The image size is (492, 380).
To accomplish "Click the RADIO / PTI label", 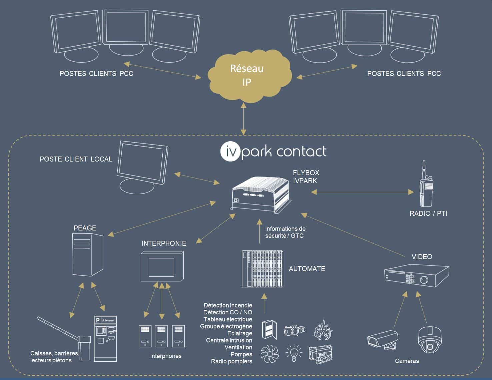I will pos(428,213).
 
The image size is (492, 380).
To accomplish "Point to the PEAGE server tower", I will pos(88,254).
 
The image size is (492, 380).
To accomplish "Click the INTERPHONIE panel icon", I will pos(162,267).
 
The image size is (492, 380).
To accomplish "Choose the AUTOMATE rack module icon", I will pos(262,269).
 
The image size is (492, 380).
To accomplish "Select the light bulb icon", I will pos(294,353).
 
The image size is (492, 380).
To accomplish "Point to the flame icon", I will pos(323,329).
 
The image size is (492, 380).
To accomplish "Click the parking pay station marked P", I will pos(105,338).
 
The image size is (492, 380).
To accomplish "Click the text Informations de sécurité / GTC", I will pos(285,232).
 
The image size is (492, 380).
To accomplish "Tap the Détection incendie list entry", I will pos(228,305).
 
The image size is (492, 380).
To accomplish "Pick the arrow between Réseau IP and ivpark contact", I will pos(244,119).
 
